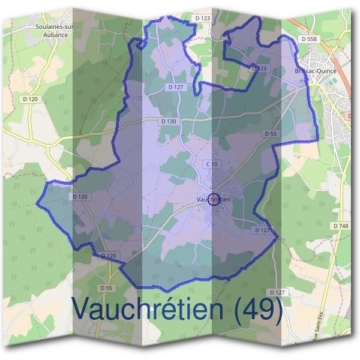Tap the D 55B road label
(x=309, y=39)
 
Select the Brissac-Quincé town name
(x=316, y=71)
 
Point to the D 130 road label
(x=169, y=121)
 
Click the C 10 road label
(x=211, y=164)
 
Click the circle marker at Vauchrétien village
(x=213, y=200)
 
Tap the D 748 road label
(x=340, y=226)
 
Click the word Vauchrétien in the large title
(x=150, y=309)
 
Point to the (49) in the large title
(x=259, y=309)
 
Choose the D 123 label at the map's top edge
(x=203, y=19)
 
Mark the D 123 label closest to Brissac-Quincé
(x=259, y=68)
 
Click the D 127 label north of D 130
(x=175, y=87)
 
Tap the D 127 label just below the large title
(x=277, y=292)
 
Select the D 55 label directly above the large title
(x=106, y=288)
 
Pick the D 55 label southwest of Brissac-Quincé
(x=269, y=133)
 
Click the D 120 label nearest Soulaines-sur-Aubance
(x=29, y=99)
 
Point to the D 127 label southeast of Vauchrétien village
(x=262, y=230)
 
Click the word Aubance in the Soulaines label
(x=48, y=35)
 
